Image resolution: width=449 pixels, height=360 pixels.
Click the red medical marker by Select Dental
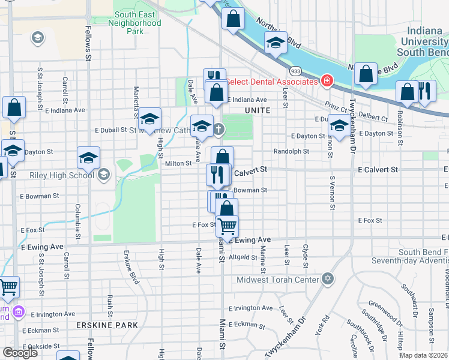327,81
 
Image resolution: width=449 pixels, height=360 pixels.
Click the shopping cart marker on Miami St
227,227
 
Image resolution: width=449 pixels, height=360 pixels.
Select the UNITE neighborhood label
258,110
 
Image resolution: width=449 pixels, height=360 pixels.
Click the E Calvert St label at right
378,170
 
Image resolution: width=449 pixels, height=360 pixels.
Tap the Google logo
20,353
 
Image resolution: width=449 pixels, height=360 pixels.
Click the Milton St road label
178,163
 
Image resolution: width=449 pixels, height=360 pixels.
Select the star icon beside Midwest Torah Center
327,278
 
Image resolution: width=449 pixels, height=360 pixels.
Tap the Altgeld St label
243,257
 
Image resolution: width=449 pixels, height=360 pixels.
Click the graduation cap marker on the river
276,43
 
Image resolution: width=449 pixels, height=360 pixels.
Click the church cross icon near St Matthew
219,128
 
